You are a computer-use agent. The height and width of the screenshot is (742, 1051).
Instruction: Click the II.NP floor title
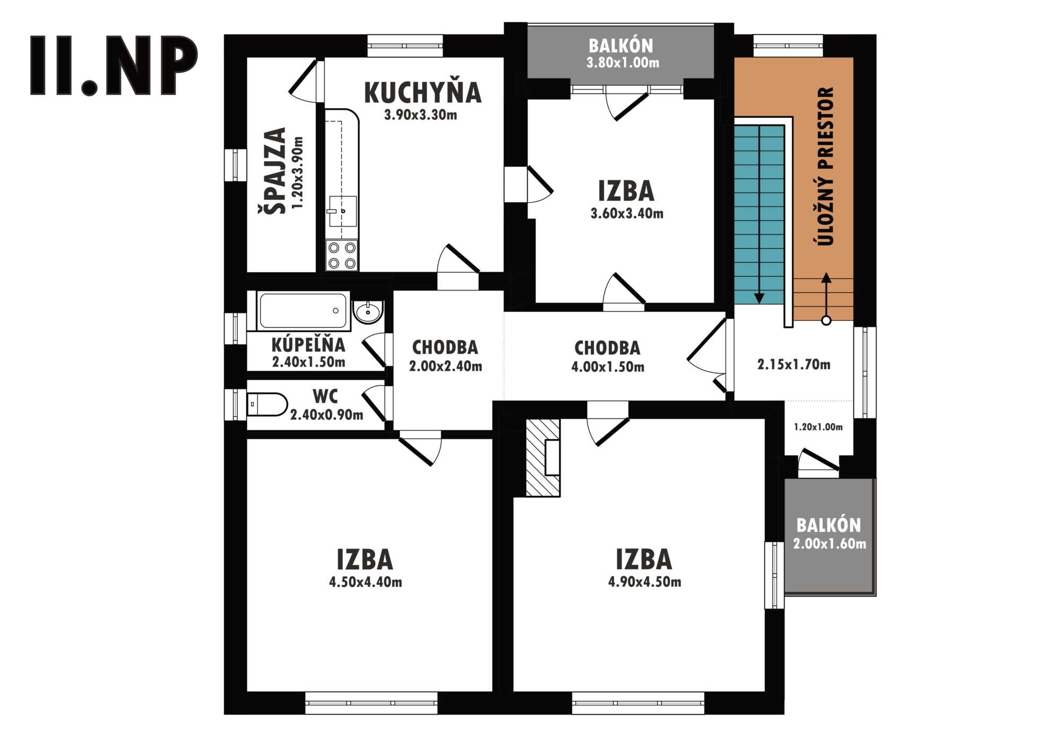pos(114,66)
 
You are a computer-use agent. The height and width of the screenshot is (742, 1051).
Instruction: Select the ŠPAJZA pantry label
pos(275,170)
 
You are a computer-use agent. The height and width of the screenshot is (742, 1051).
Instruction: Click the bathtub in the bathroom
pos(303,311)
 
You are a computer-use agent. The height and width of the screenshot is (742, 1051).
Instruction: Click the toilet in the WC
pos(268,405)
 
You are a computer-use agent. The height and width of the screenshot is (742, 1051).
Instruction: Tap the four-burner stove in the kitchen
pos(342,255)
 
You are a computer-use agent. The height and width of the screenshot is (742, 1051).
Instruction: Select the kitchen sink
pos(342,211)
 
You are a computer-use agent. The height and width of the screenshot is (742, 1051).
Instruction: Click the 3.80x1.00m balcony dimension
pos(623,63)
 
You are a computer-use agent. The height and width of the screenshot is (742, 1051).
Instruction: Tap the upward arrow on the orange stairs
pos(826,299)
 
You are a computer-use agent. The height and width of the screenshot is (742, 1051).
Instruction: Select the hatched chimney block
pos(542,458)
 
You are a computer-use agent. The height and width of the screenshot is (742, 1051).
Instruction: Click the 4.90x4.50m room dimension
pos(644,582)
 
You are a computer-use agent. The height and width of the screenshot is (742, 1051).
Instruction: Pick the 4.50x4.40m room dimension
pos(365,582)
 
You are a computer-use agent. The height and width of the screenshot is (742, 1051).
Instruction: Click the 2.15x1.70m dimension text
pos(794,364)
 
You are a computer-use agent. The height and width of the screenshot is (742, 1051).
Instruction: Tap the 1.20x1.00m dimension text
pos(818,427)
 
